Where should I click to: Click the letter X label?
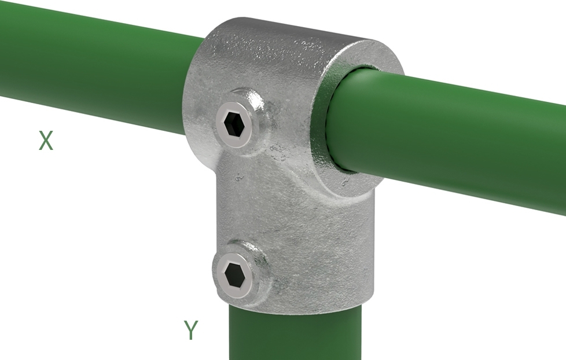point(46,141)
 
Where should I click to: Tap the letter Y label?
point(191,330)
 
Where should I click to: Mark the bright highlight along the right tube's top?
point(463,95)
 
